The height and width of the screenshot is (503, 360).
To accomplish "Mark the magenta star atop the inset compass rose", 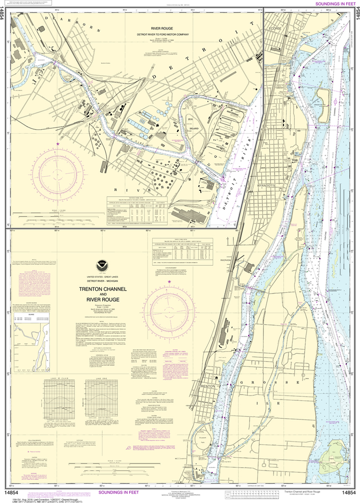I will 58,144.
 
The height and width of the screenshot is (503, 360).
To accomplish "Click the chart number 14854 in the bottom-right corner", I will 348,493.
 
